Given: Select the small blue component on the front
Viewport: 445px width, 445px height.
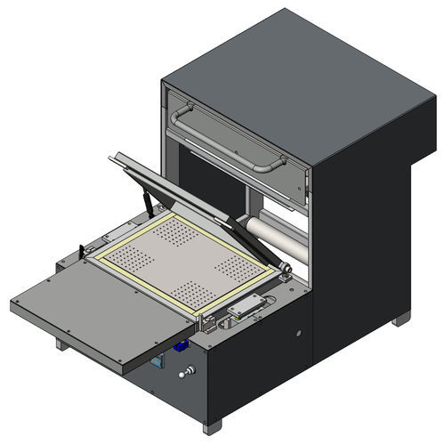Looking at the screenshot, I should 182,347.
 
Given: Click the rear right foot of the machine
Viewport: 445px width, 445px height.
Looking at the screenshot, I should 401,318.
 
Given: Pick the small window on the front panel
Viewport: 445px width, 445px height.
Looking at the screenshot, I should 158,362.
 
